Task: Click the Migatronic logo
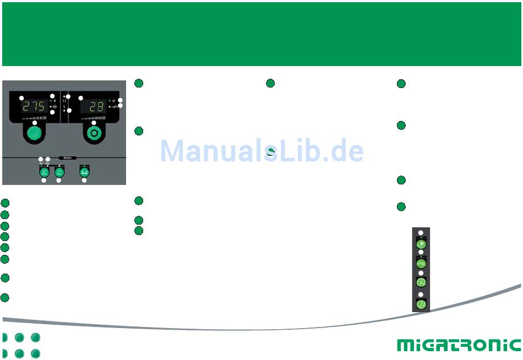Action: tap(459, 345)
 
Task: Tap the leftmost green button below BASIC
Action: tap(44, 172)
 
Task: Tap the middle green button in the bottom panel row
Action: tap(59, 172)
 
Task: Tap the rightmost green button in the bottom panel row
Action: tap(84, 172)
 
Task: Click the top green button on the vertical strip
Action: tap(421, 244)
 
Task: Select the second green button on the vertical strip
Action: tap(421, 263)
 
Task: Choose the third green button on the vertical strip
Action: tap(421, 282)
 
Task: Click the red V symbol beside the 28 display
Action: tap(113, 101)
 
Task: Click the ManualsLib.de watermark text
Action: tap(261, 151)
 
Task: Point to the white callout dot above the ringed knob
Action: tap(94, 123)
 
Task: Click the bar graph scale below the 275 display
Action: tap(34, 117)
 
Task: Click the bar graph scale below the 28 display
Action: tap(94, 117)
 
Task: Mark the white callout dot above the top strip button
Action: tap(421, 232)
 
